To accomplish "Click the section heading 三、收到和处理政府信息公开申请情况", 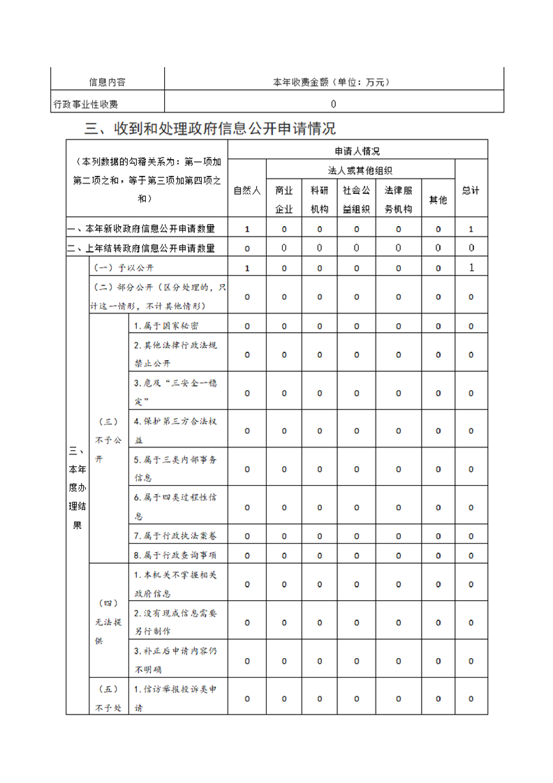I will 209,128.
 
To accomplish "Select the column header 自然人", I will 246,190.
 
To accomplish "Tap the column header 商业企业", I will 283,199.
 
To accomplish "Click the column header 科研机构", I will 319,199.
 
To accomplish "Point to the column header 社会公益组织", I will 356,199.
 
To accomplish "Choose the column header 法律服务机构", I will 398,199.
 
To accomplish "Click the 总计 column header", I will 471,190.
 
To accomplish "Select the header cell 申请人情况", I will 357,151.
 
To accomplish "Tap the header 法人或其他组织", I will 360,170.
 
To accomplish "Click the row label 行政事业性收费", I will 86,104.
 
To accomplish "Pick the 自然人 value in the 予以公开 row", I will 246,268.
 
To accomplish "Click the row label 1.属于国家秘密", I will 165,326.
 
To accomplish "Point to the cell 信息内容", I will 107,82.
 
